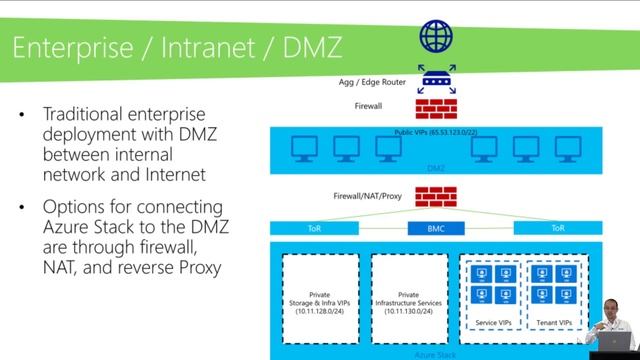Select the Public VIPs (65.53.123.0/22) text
[435, 131]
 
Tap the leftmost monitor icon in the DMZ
[299, 149]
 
